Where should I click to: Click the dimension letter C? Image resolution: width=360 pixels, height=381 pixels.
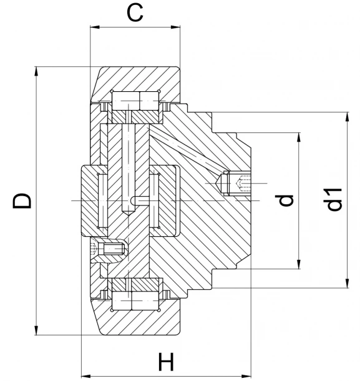135,12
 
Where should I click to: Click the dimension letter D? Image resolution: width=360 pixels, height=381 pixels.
22,201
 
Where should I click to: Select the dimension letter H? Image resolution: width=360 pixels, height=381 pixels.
167,362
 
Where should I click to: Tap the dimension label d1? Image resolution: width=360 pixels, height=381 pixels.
334,199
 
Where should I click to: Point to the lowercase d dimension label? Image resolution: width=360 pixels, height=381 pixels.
285,200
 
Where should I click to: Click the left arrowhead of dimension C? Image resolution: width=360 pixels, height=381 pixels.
95,27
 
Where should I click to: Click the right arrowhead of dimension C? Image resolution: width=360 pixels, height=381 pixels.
175,27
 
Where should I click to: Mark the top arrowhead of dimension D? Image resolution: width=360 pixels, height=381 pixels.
36,71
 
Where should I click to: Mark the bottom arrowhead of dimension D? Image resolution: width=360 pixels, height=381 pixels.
36,330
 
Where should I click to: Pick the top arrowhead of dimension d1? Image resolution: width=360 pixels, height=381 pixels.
348,117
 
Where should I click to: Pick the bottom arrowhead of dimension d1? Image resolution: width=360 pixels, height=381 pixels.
348,283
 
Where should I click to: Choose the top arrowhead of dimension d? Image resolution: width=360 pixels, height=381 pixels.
299,137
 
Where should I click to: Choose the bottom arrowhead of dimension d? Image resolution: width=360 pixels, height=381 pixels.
299,264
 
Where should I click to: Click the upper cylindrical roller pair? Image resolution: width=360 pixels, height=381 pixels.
135,101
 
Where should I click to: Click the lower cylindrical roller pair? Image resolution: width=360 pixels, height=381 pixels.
135,301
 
